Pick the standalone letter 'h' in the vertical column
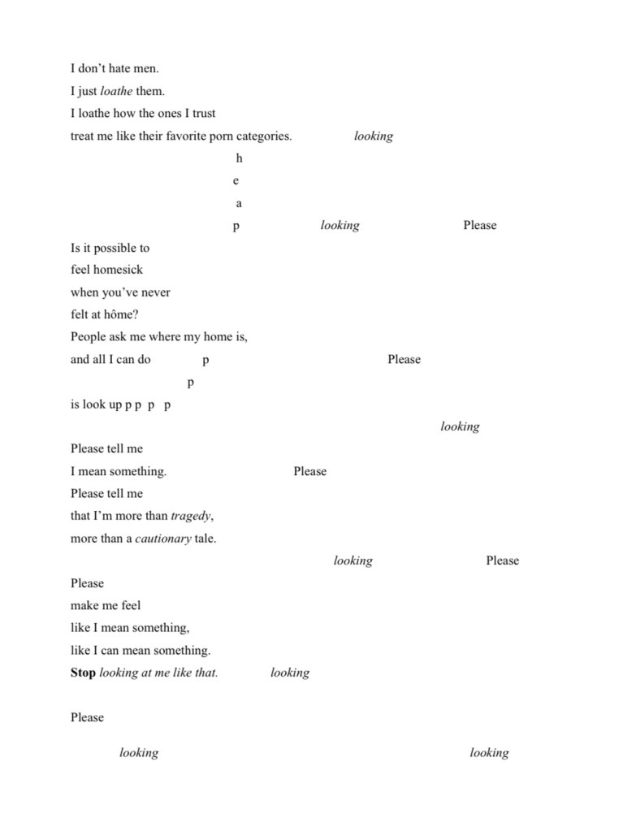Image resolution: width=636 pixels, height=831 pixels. (239, 158)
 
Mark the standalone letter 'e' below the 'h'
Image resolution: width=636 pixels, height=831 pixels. (236, 180)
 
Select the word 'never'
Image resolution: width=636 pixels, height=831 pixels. (155, 292)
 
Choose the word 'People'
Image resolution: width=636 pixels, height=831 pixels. (88, 337)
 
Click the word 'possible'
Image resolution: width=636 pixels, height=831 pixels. (114, 248)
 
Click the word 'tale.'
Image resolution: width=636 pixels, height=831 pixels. (206, 539)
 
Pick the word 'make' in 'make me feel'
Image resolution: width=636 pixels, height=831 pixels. (84, 605)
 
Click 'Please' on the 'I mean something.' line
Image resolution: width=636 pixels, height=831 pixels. (309, 471)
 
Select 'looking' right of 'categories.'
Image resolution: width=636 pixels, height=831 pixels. (374, 136)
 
